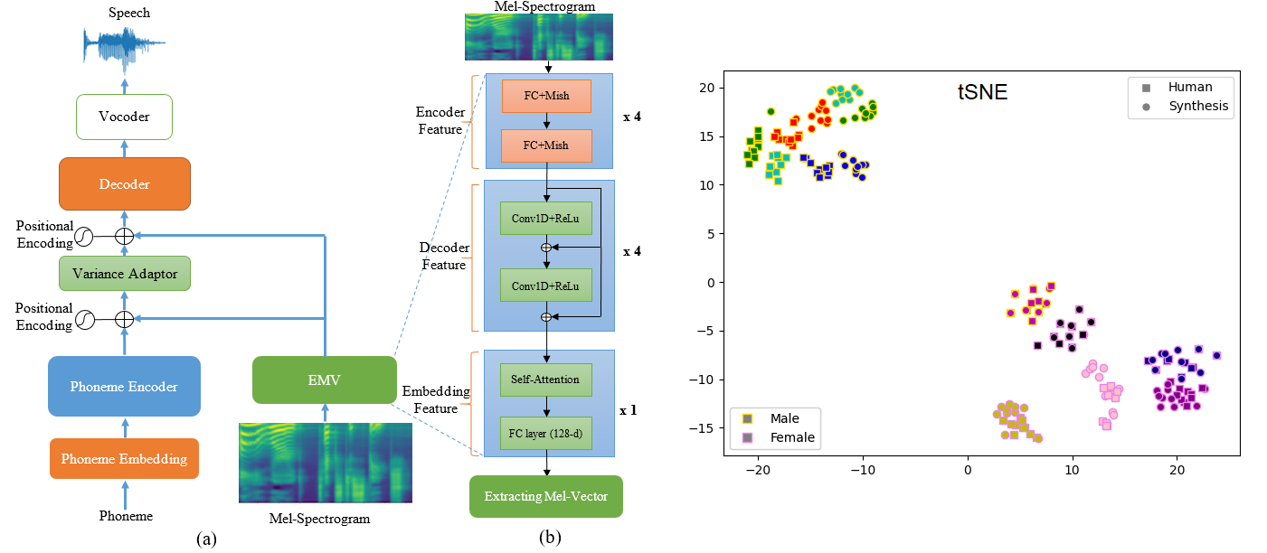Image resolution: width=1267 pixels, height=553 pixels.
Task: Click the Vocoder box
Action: click(125, 117)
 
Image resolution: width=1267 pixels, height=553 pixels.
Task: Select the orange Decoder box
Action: click(125, 184)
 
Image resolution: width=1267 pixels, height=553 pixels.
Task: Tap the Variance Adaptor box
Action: click(125, 274)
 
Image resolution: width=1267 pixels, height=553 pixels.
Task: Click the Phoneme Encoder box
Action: click(124, 386)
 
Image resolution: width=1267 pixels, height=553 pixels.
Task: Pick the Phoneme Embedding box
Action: click(124, 458)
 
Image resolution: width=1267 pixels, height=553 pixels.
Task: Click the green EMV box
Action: click(324, 380)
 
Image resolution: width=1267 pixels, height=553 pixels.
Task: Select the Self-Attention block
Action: click(545, 380)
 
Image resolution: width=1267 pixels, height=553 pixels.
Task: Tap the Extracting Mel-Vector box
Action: click(545, 496)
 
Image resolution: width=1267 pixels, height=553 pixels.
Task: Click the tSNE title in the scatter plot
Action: click(982, 91)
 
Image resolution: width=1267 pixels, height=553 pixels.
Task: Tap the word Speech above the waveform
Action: click(129, 14)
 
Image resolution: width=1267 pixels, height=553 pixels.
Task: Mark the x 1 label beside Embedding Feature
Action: click(629, 409)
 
